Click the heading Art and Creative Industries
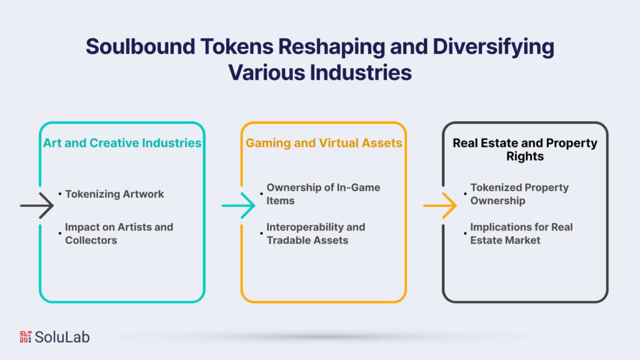pyautogui.click(x=122, y=143)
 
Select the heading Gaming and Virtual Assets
pyautogui.click(x=324, y=143)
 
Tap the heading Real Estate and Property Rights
pyautogui.click(x=525, y=149)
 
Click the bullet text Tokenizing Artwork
pyautogui.click(x=114, y=194)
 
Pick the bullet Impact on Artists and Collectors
pyautogui.click(x=119, y=233)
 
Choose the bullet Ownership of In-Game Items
pyautogui.click(x=323, y=194)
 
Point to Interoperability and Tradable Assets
pyautogui.click(x=316, y=233)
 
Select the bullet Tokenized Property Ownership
pyautogui.click(x=519, y=194)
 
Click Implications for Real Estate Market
pyautogui.click(x=521, y=233)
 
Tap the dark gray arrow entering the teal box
pyautogui.click(x=37, y=205)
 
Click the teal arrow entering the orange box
pyautogui.click(x=238, y=205)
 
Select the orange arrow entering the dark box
pyautogui.click(x=440, y=205)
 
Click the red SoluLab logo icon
pyautogui.click(x=24, y=337)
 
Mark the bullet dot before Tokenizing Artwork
pyautogui.click(x=60, y=194)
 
